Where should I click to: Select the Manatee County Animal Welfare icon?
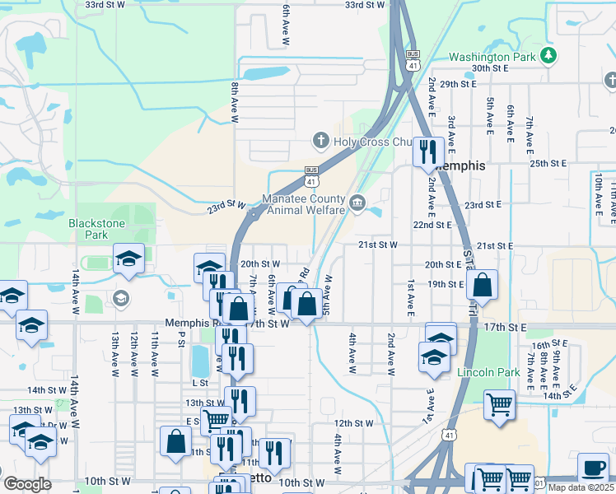pos(357,203)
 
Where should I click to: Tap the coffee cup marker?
pos(593,468)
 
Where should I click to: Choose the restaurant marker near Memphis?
pos(428,151)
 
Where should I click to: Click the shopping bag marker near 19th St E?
pos(483,285)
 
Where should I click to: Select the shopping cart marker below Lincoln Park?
pos(500,405)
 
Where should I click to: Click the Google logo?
pos(27,484)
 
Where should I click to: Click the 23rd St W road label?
pos(226,206)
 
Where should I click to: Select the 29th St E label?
pos(459,84)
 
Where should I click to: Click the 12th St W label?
pos(354,423)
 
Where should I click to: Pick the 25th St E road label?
pos(550,164)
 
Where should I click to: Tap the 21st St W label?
pos(378,245)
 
